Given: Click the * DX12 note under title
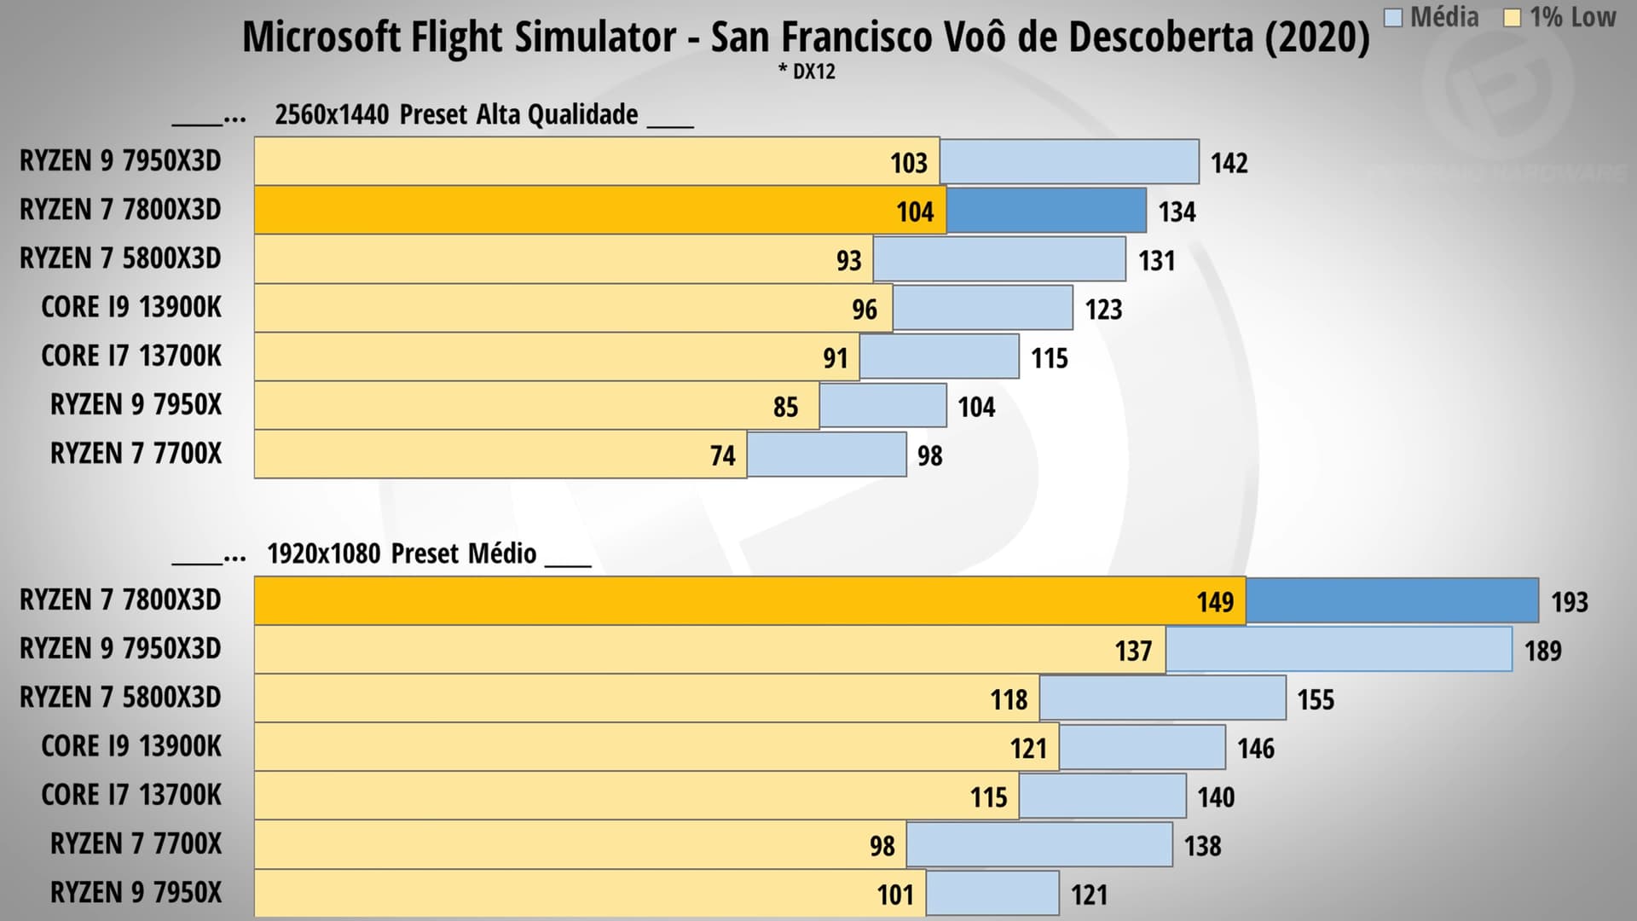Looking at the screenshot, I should coord(807,72).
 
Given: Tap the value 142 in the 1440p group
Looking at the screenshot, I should coord(1229,163).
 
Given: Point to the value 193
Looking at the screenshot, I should coord(1569,602).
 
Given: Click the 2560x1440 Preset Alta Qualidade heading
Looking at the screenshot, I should coord(456,114).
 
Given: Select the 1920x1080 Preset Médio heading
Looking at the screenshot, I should coord(402,553).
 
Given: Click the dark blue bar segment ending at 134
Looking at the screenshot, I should coord(1046,211).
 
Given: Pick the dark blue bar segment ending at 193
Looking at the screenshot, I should coord(1391,601).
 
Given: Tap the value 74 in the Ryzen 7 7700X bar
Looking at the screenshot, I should coord(722,455).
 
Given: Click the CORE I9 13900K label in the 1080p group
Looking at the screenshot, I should coord(130,746).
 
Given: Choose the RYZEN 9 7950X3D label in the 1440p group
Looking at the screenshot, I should coord(120,161).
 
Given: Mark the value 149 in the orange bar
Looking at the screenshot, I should coord(1214,602).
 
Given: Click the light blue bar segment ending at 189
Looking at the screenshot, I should coord(1339,650).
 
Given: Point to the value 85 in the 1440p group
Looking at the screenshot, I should coord(785,407).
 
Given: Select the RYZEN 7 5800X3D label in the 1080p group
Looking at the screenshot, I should coord(120,698).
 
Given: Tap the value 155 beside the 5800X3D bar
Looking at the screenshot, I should coord(1315,699).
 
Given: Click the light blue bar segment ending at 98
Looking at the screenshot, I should coord(826,455).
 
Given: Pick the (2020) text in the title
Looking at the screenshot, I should coord(1316,38).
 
